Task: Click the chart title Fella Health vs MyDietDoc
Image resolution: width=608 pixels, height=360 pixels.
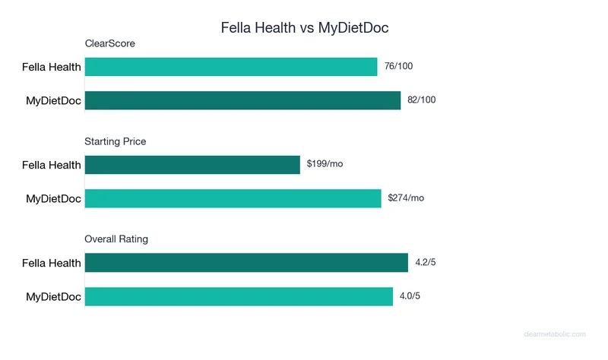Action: (x=304, y=27)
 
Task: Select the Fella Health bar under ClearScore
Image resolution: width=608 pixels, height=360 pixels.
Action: (x=231, y=67)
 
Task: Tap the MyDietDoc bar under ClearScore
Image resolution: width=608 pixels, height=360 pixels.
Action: (x=242, y=100)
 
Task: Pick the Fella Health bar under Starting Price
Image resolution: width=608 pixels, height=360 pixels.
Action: (x=192, y=164)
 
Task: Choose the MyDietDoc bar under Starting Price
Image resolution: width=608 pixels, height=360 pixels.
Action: (x=233, y=198)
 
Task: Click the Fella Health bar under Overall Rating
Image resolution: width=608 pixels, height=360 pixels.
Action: (x=246, y=263)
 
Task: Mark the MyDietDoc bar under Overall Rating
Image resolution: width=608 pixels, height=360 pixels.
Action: (x=239, y=296)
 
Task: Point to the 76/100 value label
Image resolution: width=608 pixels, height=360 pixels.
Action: (x=399, y=67)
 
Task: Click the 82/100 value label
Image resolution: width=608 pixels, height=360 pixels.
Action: (x=422, y=100)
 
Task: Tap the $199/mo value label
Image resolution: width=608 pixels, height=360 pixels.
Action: (x=325, y=164)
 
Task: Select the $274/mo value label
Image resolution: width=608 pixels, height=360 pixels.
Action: (x=406, y=198)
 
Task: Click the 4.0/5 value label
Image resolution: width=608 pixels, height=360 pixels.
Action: (x=410, y=296)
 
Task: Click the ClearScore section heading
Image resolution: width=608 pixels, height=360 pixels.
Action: (x=110, y=44)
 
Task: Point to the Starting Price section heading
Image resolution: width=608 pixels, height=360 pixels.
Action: (x=116, y=141)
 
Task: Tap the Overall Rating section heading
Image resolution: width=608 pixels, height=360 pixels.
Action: (x=116, y=239)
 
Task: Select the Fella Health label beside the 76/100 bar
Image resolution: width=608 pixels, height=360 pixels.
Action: (x=52, y=67)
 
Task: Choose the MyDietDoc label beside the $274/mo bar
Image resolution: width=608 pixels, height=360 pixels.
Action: (x=53, y=198)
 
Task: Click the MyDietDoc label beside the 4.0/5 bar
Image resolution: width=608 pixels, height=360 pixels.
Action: (x=53, y=296)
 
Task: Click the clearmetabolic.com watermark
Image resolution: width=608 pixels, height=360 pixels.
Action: (x=556, y=334)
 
